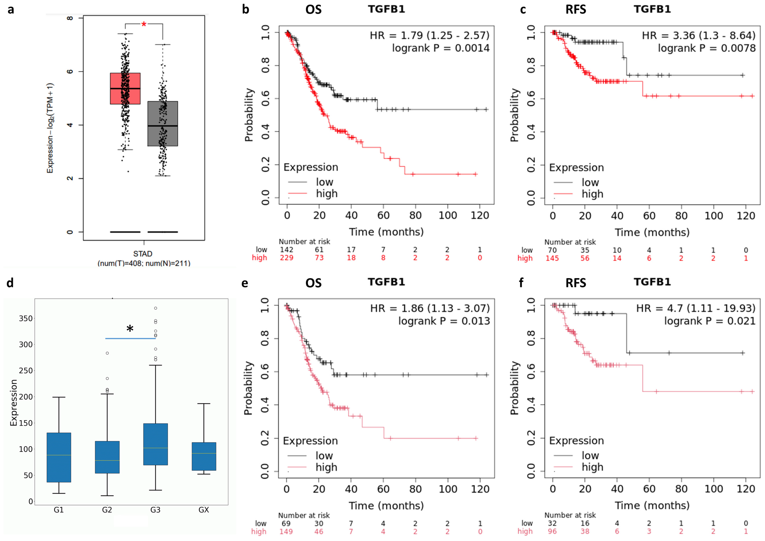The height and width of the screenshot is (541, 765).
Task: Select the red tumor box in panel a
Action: (125, 88)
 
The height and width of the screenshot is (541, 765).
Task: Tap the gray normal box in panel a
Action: (163, 123)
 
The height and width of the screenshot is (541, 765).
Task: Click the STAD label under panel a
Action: (143, 254)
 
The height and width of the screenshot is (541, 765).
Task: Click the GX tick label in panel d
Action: (204, 510)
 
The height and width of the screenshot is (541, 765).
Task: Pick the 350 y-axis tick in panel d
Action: (26, 318)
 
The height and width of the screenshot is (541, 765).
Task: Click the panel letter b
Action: (246, 9)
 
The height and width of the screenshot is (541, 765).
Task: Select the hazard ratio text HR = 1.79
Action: (429, 35)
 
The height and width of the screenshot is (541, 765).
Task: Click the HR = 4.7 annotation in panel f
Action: (695, 308)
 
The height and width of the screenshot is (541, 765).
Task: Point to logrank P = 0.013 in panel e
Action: (444, 321)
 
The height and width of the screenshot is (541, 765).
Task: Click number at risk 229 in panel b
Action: (287, 258)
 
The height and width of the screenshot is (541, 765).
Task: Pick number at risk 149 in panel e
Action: (286, 532)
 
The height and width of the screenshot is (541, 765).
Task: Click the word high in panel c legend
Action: (592, 194)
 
